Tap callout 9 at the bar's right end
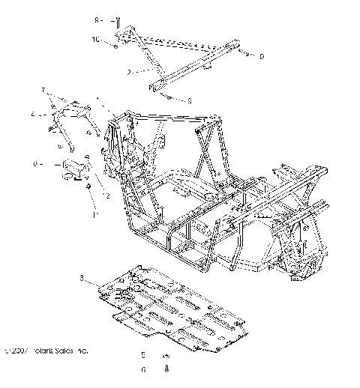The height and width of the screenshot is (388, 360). (x=262, y=56)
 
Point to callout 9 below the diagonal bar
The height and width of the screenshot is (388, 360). (x=189, y=100)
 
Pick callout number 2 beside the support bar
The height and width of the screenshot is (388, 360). (x=129, y=73)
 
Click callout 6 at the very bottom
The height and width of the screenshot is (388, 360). (x=143, y=369)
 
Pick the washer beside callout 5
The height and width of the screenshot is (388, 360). (x=166, y=354)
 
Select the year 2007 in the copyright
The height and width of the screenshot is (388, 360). (x=16, y=350)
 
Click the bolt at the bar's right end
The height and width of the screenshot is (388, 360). (x=246, y=54)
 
